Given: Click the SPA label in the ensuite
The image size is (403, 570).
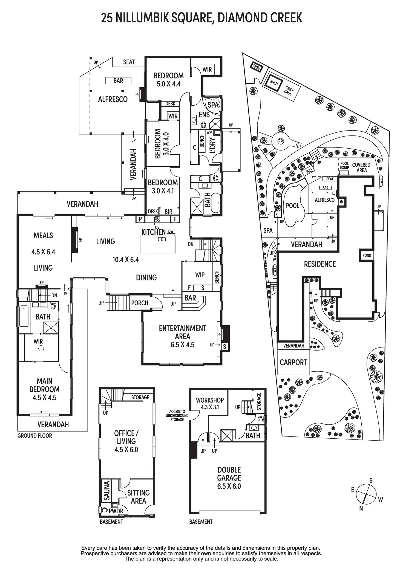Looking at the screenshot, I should point(213,105).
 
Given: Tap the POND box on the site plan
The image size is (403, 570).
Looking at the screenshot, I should point(367,255).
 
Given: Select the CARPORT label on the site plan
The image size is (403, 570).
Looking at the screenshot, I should point(293,362).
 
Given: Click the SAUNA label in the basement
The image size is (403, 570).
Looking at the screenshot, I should point(107,491).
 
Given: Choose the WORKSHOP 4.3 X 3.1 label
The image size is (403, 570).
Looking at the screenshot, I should point(210,403).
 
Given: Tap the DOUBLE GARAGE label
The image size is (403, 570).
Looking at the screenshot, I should point(229,478).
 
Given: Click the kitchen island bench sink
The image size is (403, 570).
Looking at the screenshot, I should point(162,239).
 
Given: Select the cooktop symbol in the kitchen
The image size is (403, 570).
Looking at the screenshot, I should point(157,219).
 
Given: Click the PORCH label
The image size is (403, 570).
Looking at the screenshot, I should point(140,303).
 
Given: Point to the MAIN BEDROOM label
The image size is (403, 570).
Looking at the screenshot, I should point(44,389).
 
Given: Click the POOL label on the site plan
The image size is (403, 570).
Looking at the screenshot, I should point(292,206).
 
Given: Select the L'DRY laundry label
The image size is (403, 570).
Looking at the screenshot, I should point(212,145).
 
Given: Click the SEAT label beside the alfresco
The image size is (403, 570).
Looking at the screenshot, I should point(129,62).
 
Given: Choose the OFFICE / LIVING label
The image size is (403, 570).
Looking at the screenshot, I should point(126,441).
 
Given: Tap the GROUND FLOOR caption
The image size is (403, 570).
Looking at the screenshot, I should point(34,436).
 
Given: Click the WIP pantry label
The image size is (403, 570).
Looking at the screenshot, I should point(200,275).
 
